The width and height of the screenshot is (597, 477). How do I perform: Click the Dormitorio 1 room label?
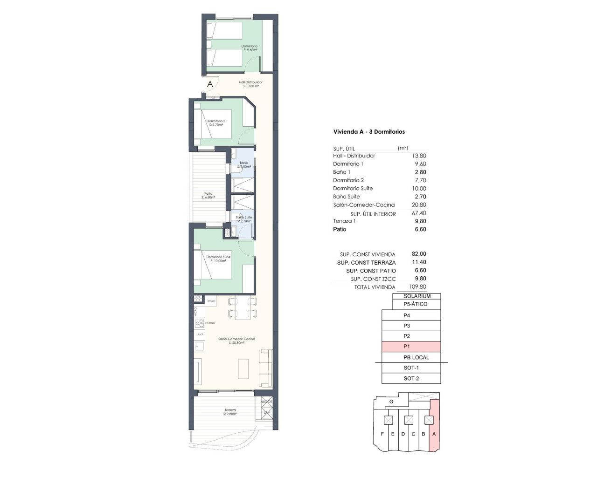pos(250,48)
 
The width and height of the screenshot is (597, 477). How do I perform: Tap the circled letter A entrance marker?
pos(210,84)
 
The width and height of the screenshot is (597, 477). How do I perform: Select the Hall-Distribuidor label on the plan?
pos(250,84)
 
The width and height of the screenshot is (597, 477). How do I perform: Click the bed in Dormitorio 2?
pos(216,123)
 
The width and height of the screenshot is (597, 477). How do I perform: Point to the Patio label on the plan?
pos(208,195)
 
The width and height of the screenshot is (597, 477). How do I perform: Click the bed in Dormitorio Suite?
pos(216,266)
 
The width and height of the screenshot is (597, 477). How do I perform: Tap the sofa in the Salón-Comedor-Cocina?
pos(266,368)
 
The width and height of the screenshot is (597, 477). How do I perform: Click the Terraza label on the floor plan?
pos(230,412)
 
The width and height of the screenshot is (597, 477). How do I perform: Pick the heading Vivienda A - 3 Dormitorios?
pos(369,132)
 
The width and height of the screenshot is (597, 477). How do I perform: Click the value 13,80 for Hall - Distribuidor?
pos(419,156)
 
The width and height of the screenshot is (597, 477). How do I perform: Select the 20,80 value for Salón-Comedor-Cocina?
pos(419,205)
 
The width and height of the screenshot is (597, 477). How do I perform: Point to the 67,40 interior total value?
pos(419,213)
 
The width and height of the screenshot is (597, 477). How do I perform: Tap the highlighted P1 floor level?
pos(411,347)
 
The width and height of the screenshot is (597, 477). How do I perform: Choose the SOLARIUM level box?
pos(417,296)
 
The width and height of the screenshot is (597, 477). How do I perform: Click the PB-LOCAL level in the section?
pos(416,357)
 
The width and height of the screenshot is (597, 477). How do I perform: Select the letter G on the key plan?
pos(391,402)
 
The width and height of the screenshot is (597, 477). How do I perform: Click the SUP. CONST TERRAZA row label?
pos(366,263)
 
